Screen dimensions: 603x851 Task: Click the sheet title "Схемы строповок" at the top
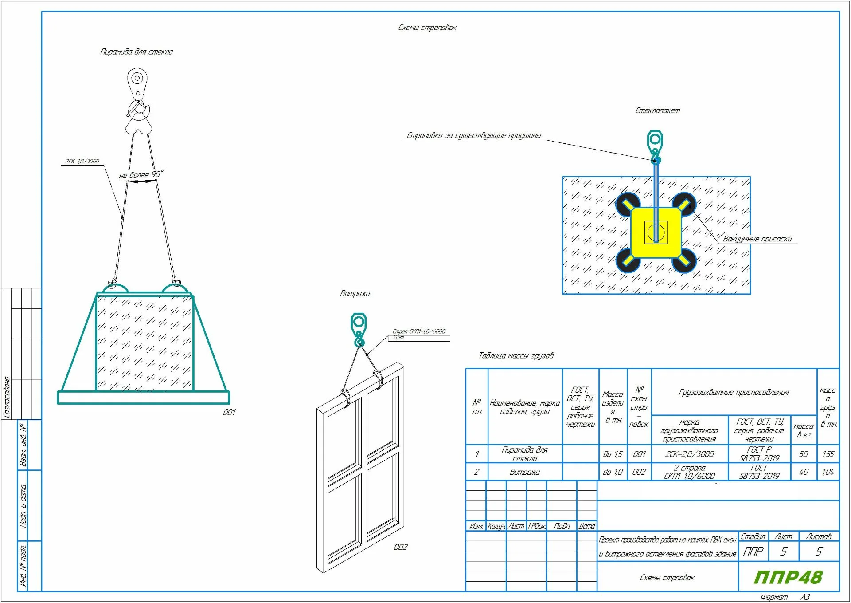(427, 28)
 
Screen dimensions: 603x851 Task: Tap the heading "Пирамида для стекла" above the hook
(137, 52)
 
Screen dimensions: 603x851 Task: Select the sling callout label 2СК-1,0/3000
(82, 161)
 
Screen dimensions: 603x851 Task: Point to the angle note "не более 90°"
(141, 174)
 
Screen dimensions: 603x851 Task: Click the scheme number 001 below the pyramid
(229, 412)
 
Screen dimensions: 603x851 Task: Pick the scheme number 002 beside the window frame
(400, 547)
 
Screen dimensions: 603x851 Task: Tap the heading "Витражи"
(355, 293)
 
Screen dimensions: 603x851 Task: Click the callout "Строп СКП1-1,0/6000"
(419, 331)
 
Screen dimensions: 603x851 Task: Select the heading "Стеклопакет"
(657, 110)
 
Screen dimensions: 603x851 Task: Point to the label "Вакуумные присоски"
(757, 239)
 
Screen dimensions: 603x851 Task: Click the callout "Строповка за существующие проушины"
(473, 135)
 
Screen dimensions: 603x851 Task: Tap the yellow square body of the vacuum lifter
(656, 232)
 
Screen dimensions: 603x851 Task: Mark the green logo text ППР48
(788, 577)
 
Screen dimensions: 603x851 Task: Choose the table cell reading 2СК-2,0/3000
(689, 454)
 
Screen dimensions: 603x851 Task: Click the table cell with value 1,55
(828, 454)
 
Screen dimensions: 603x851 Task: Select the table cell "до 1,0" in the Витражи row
(613, 472)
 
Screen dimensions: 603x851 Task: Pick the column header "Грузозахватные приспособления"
(734, 392)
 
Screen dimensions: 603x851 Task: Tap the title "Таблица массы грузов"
(516, 355)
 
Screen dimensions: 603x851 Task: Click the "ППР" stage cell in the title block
(753, 552)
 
